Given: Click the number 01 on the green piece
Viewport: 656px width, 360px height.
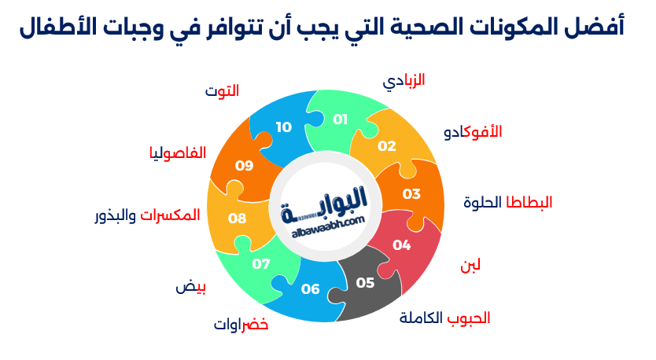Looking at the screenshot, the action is [x=340, y=119].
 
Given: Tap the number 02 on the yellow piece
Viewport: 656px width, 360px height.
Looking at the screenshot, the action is [x=386, y=146].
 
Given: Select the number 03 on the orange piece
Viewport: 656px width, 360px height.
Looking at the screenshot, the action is [x=411, y=194].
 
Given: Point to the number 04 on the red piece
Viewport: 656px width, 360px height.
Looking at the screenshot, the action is [x=401, y=245].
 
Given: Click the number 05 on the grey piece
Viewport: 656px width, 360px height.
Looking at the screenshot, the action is [x=365, y=283].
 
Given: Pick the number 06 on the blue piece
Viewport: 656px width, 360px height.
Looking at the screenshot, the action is [x=310, y=289].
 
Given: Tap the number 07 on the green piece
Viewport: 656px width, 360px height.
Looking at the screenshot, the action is [x=261, y=264].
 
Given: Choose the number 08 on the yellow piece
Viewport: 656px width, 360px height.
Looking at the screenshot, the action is [x=238, y=219].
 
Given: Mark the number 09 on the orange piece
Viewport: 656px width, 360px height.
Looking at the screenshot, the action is [x=245, y=166].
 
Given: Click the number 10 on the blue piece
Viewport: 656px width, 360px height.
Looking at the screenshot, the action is [x=284, y=127].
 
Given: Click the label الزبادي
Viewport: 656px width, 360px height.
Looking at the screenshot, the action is [x=404, y=81].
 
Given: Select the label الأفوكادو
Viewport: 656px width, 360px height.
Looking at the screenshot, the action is [x=473, y=132].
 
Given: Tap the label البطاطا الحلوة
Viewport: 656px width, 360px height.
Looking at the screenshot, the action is [x=508, y=203].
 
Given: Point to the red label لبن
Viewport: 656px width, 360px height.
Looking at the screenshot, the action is [x=470, y=266].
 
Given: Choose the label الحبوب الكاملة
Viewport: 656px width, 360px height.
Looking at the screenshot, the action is [x=444, y=318].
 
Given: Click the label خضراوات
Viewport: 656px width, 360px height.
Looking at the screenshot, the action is [x=241, y=325].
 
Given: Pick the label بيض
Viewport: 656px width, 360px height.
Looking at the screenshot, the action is [x=191, y=287].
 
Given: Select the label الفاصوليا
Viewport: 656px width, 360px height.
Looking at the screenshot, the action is [x=178, y=153].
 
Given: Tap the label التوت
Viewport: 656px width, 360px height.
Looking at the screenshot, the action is [x=222, y=90].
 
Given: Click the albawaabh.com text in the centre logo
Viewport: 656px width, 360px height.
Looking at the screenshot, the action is [x=329, y=226].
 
